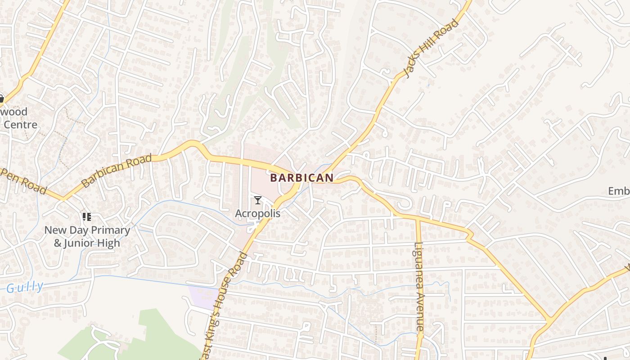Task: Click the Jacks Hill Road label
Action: point(432,49)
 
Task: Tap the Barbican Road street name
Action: point(117,171)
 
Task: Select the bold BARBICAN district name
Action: point(302,178)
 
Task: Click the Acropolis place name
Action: point(257,213)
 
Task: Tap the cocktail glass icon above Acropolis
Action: point(258,200)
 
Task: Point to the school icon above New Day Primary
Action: point(87,217)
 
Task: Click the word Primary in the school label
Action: point(109,230)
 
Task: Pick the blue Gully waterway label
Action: point(25,287)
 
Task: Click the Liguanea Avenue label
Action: point(420,286)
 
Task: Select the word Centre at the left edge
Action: point(20,125)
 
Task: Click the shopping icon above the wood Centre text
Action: point(1,99)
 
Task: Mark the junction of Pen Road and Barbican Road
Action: point(63,198)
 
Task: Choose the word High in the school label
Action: point(108,243)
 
